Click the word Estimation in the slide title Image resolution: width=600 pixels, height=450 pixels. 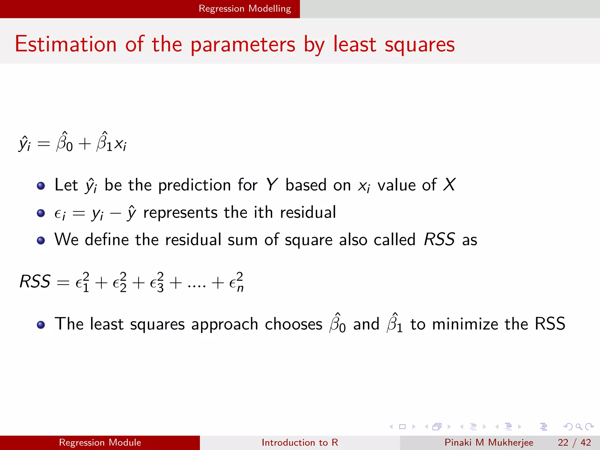coord(66,44)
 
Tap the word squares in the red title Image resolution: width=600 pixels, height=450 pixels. coord(420,45)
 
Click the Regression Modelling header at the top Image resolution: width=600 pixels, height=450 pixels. coord(245,8)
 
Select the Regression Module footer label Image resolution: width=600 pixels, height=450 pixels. coord(100,442)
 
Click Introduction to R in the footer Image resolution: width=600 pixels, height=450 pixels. coord(300,442)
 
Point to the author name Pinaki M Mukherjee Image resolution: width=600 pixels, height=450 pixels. coord(489,442)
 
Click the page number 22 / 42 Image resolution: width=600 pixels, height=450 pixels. coord(574,442)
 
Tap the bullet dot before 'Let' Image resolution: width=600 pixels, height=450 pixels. coord(41,186)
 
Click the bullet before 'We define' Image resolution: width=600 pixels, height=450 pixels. coord(41,241)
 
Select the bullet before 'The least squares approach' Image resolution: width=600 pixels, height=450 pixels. coord(41,325)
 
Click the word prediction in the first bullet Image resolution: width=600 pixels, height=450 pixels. coord(195,185)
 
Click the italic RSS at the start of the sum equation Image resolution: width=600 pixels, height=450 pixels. coord(35,282)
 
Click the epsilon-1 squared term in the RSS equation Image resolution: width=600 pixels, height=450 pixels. coord(82,282)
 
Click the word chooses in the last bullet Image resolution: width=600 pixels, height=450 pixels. coord(294,324)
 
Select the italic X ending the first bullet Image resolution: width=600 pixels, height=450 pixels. coord(449,185)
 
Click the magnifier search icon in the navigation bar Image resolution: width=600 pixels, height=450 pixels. coord(579,427)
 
